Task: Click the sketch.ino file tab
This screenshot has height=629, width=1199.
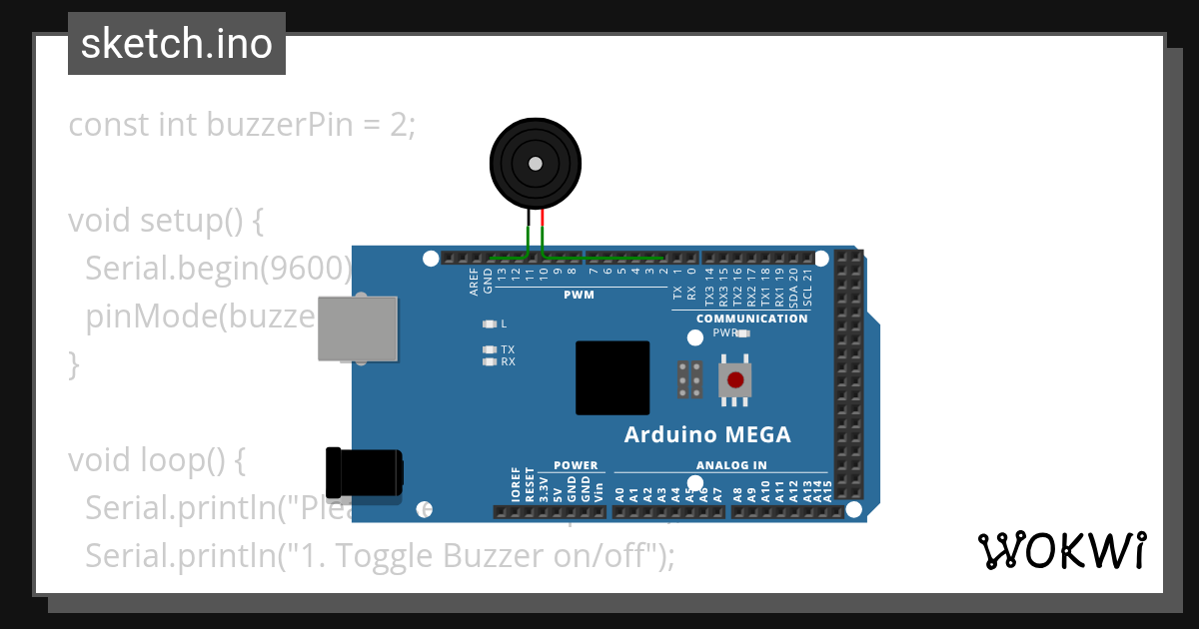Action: click(177, 44)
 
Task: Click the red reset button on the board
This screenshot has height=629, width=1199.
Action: click(736, 379)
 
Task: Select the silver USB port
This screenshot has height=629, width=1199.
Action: click(357, 327)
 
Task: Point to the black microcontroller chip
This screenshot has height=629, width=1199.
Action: click(612, 377)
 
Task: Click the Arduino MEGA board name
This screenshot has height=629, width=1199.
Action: click(707, 434)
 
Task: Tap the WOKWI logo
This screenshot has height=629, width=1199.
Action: click(1061, 551)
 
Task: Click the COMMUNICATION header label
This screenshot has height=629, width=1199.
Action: click(751, 318)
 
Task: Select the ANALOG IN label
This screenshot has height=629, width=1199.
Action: click(731, 465)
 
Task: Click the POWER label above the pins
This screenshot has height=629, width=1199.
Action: click(576, 465)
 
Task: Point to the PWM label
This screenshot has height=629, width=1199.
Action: click(579, 295)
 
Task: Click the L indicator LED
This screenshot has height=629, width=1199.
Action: click(489, 323)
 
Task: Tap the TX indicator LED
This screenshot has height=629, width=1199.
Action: click(489, 349)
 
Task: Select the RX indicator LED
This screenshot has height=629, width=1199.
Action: click(489, 361)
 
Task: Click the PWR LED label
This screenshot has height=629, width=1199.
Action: click(724, 332)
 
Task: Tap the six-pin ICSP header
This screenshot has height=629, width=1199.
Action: click(688, 379)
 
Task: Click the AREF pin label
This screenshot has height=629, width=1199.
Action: click(475, 283)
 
